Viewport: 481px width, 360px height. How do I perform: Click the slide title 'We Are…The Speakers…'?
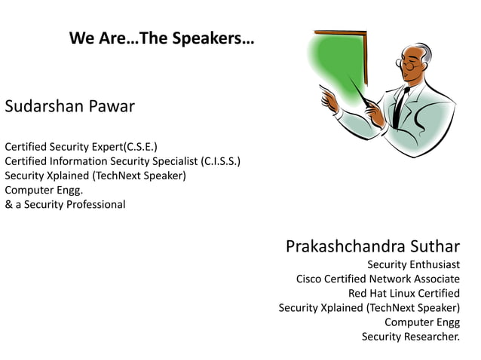pyautogui.click(x=161, y=38)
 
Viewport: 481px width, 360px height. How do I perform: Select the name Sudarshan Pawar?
pyautogui.click(x=69, y=106)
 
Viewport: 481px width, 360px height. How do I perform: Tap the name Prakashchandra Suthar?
pyautogui.click(x=372, y=246)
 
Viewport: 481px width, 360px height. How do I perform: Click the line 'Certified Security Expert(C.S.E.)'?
pyautogui.click(x=81, y=146)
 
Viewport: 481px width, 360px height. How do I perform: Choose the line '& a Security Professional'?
pyautogui.click(x=66, y=204)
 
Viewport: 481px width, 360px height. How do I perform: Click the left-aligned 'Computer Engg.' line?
pyautogui.click(x=43, y=190)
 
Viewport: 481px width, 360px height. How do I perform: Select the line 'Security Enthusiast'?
pyautogui.click(x=413, y=264)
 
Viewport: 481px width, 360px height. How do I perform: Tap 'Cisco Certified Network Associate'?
pyautogui.click(x=378, y=279)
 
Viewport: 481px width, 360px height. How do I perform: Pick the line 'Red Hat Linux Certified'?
pyautogui.click(x=403, y=293)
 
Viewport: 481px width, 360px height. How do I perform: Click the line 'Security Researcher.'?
pyautogui.click(x=410, y=336)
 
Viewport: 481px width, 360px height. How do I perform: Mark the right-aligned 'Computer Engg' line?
pyautogui.click(x=422, y=322)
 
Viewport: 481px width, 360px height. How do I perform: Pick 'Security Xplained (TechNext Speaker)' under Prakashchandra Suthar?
pyautogui.click(x=369, y=307)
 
